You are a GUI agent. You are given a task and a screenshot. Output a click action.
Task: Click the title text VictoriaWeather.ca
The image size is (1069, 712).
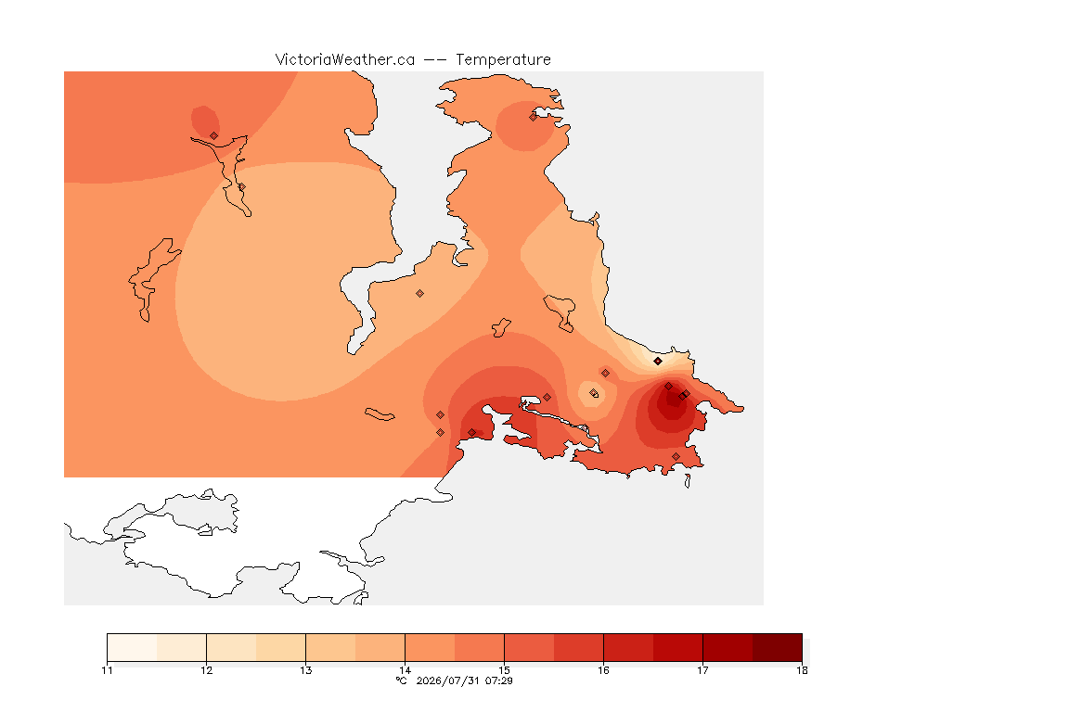(345, 60)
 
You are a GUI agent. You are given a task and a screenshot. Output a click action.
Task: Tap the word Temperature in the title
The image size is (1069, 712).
(503, 60)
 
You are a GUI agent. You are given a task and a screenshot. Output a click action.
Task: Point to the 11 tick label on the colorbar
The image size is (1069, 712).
(107, 670)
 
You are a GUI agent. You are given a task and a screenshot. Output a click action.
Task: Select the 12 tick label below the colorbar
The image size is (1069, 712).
(207, 670)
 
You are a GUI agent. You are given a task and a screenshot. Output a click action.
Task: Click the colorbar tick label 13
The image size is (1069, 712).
(305, 670)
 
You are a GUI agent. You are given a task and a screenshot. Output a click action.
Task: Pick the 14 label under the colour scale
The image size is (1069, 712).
(405, 670)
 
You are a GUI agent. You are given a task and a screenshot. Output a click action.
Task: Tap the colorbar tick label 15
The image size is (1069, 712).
(504, 670)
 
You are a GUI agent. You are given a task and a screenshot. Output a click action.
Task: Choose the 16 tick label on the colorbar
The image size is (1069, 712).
(603, 670)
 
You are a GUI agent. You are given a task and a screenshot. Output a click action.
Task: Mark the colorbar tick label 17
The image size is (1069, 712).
(702, 670)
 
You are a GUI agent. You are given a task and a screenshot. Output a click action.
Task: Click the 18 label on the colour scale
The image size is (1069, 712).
(802, 670)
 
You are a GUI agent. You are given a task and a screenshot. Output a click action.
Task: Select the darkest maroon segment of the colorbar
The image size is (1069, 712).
(778, 647)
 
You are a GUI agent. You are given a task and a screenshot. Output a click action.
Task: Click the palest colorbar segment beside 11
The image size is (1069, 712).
(133, 647)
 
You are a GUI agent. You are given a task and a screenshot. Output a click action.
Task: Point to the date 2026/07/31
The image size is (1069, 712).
(447, 680)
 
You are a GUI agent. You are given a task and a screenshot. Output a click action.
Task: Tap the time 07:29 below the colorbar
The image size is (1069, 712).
(499, 680)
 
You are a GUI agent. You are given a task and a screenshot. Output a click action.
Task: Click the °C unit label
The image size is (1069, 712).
(402, 680)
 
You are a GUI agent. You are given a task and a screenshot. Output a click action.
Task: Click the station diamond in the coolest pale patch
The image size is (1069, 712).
(658, 362)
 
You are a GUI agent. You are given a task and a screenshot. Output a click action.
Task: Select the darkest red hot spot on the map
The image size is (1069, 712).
(672, 403)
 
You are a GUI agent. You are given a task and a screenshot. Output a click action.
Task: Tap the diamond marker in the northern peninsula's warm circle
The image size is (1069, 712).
(534, 117)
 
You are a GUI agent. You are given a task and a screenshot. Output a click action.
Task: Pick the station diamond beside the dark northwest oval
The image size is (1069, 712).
(214, 136)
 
